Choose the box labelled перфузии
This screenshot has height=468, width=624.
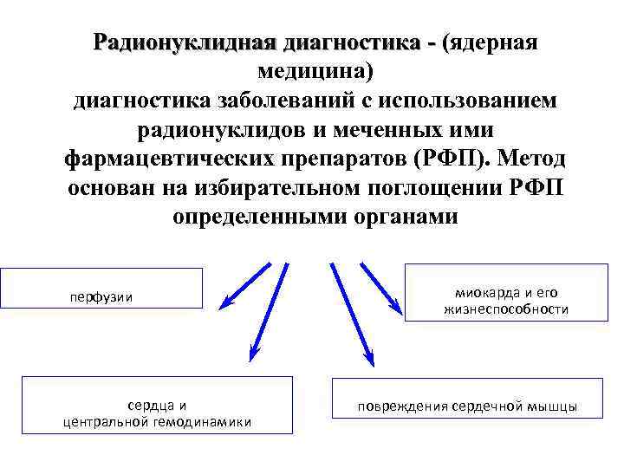[101, 289]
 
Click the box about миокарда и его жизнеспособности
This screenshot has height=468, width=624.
[506, 291]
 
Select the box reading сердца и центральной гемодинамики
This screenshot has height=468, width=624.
[157, 404]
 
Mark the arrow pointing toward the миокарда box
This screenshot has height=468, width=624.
[380, 285]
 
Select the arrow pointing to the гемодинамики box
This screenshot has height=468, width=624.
[268, 312]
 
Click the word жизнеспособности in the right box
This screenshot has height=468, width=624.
[507, 309]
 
